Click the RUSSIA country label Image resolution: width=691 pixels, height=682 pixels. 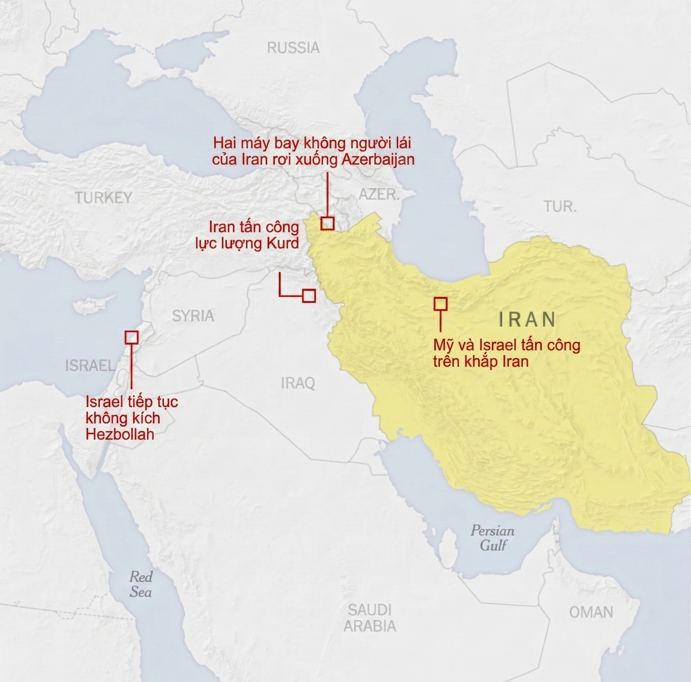point(293,48)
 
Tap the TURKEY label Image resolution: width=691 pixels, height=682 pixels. point(104,197)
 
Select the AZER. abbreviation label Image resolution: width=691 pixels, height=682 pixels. point(379,195)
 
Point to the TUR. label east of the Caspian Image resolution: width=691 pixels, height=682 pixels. point(560,206)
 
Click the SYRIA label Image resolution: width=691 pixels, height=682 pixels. point(193,316)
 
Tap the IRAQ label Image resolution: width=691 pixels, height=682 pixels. point(298,383)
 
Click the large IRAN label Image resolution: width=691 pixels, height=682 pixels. point(527,319)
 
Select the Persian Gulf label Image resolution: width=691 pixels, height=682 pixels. point(493,538)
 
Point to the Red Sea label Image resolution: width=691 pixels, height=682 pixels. point(141,585)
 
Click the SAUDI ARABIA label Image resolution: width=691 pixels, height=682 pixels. point(370,618)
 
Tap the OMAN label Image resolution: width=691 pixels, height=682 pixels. point(591,612)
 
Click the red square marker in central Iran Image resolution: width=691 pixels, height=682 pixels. point(441,304)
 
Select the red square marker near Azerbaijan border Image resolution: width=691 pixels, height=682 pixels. point(328,223)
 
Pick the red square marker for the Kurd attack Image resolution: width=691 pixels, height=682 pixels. point(309,296)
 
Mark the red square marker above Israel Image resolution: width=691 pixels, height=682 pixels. point(131,337)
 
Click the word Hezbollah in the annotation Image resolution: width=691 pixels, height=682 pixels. point(120,434)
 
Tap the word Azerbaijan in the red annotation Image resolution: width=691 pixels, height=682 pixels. point(378,159)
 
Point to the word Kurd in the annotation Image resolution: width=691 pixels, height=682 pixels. point(283,244)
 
